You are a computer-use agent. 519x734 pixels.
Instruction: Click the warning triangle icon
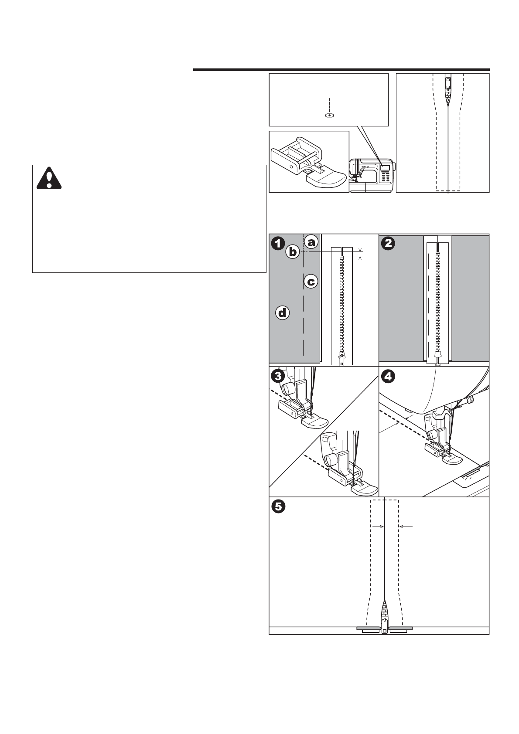point(49,178)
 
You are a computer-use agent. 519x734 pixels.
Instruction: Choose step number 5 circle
point(278,506)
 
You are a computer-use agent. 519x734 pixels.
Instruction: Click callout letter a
point(311,242)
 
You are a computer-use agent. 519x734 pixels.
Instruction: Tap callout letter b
point(292,251)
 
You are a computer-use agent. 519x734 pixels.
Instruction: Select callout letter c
point(311,282)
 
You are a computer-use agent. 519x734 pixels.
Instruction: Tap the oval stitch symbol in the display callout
point(330,116)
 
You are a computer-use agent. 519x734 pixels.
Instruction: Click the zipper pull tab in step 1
point(342,359)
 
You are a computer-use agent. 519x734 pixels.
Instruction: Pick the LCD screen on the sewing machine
point(385,168)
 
